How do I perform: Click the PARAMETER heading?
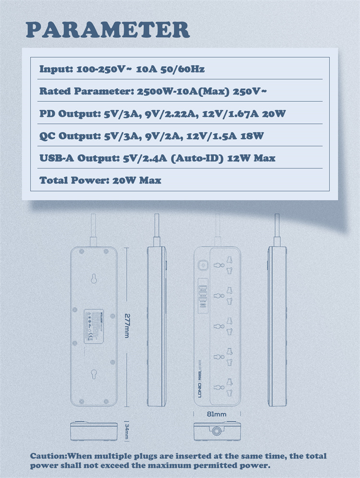(108, 30)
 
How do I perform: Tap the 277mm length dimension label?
(127, 326)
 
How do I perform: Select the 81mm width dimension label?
(217, 414)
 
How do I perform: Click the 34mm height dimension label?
(127, 431)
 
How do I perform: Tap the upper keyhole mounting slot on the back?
(94, 278)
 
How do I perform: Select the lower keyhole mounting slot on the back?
(94, 372)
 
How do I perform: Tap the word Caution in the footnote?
(48, 456)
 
